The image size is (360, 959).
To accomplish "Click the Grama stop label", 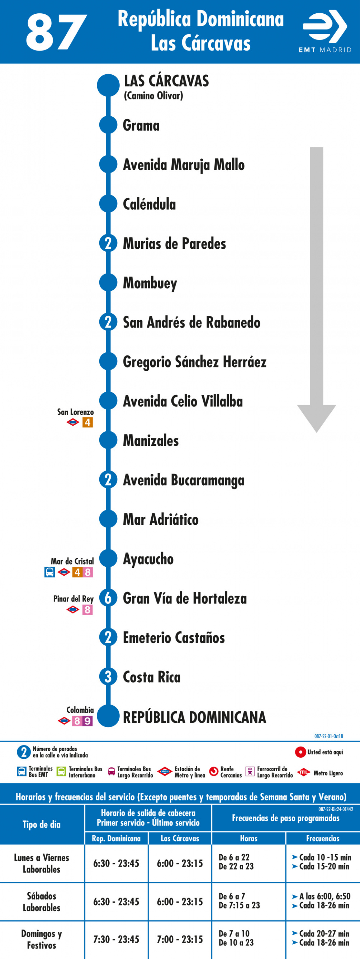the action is pos(141,125).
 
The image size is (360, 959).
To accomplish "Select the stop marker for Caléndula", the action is pos(108,204).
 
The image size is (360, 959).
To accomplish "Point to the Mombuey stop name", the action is pos(150,283).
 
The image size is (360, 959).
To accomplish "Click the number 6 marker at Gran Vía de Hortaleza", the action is pos(108,598).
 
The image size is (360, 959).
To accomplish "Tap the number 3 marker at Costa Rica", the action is pos(108,676).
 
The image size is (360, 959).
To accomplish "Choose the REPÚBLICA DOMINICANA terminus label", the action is pos(194,717).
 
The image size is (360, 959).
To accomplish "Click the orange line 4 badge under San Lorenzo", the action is pos(87,422).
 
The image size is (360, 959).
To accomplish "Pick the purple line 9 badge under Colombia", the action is pos(87,721).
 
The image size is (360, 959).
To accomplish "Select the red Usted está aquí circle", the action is pos(301,752).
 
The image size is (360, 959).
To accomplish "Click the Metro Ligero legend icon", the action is pos(304,772).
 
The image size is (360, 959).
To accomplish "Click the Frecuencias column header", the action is pos(323,838).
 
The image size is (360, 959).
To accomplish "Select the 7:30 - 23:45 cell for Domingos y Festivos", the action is pos(116,939).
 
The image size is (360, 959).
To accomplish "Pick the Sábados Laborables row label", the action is pos(41,902).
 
